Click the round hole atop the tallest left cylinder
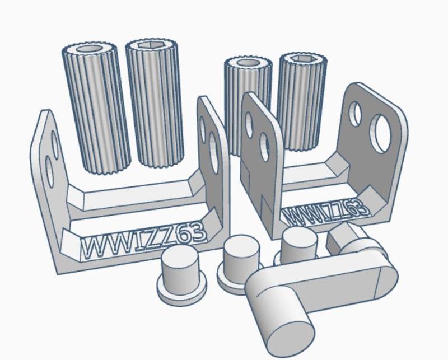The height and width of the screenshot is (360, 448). [90, 48]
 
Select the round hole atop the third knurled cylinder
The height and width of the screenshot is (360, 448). [248, 63]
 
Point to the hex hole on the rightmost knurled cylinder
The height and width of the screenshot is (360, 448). [303, 59]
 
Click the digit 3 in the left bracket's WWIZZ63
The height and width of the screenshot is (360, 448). [199, 231]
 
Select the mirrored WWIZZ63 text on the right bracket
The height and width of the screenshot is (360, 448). [326, 212]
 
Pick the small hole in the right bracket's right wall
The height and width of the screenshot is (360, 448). [356, 114]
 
